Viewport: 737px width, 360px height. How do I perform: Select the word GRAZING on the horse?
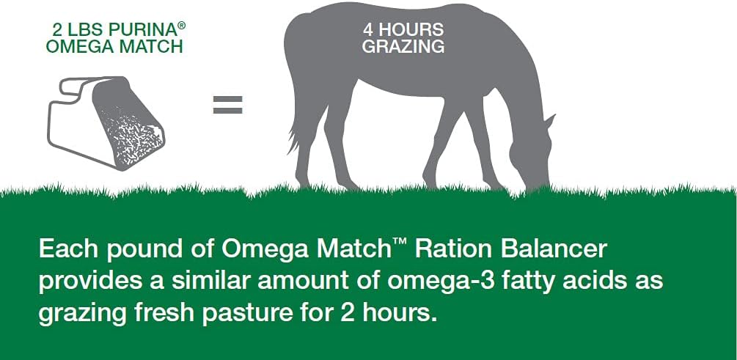[403, 46]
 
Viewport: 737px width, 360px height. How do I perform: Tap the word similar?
[198, 281]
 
